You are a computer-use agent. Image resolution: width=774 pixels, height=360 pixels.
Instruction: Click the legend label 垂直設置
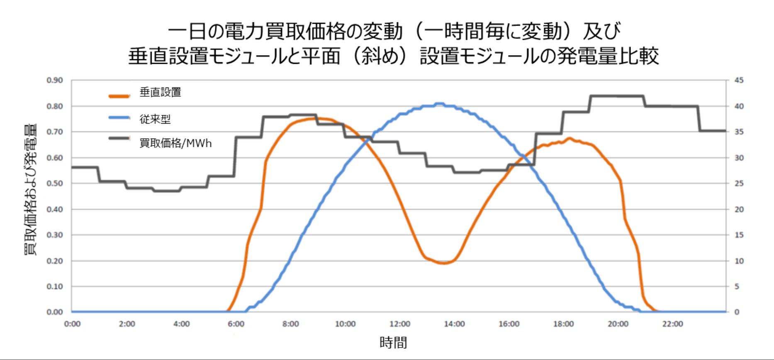point(160,92)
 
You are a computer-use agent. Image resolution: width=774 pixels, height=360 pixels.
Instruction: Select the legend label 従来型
point(155,119)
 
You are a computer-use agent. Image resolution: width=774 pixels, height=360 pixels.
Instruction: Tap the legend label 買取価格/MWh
point(175,144)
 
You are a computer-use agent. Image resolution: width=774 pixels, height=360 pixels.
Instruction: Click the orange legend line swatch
point(119,96)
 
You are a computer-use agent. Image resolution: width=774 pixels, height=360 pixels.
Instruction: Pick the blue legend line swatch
point(119,118)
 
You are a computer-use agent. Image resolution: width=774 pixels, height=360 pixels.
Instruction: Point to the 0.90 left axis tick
point(55,80)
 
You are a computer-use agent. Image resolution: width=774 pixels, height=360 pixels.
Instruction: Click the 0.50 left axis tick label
point(55,183)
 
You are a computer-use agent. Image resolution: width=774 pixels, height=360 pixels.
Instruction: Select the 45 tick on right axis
point(739,80)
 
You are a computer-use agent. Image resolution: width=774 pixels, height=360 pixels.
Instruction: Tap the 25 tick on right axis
point(739,183)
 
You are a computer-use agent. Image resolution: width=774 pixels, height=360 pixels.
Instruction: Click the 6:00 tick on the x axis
point(236,324)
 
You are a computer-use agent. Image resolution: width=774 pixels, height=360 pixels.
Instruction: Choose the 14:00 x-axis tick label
point(454,324)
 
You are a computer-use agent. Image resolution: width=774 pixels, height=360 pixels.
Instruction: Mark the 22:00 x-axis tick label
point(672,324)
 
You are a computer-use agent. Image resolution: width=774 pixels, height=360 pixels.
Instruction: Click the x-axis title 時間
point(393,343)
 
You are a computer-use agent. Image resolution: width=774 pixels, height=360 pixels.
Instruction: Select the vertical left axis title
point(30,189)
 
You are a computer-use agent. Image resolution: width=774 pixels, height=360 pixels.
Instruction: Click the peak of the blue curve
point(439,104)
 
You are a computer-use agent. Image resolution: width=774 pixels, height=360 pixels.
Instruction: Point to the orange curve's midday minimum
point(443,263)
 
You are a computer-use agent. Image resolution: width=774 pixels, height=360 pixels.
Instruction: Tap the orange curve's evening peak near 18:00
point(570,139)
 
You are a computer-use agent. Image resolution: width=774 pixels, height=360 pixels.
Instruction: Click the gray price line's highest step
point(617,96)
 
